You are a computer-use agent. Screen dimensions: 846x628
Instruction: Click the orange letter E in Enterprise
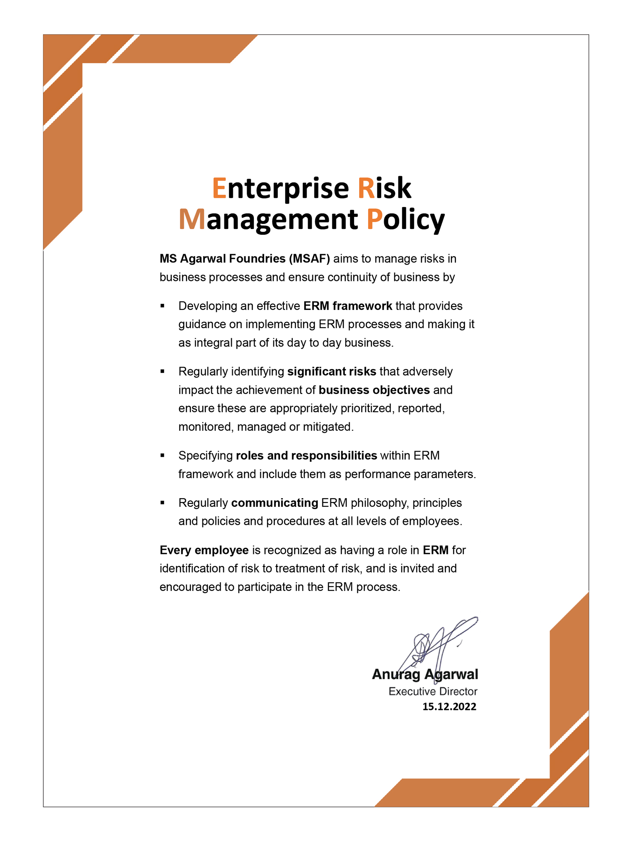tap(219, 188)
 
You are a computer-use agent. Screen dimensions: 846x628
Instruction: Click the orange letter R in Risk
tap(366, 188)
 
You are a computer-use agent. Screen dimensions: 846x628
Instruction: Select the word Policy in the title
tap(406, 220)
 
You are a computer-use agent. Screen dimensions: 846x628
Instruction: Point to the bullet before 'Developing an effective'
tap(162, 306)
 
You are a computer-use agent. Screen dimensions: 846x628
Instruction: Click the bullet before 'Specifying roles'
tap(162, 455)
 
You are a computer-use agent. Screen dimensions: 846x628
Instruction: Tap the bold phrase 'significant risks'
tap(331, 371)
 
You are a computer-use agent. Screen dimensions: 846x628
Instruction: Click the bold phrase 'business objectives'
tap(374, 390)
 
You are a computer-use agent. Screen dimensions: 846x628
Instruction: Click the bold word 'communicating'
tap(274, 503)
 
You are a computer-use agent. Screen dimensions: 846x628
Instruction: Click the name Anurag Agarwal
tap(425, 674)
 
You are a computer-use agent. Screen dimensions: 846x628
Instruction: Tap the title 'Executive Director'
tap(433, 691)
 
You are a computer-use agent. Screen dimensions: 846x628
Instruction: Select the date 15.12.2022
tap(449, 707)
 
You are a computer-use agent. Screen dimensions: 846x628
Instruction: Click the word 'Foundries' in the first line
tap(257, 259)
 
